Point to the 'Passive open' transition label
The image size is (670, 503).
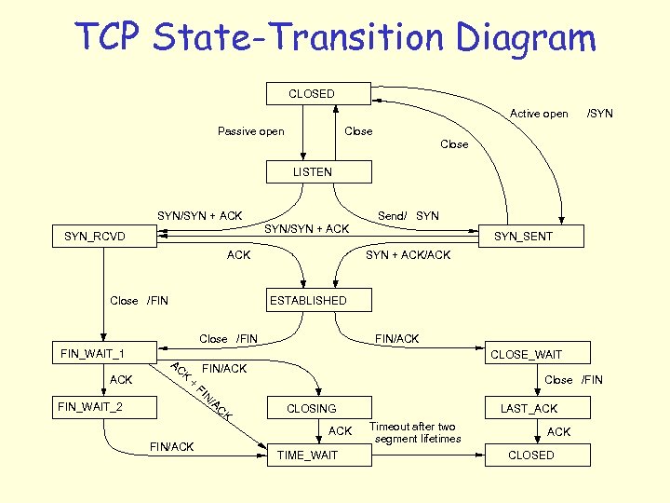[x=251, y=131]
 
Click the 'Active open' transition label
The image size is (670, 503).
[x=539, y=114]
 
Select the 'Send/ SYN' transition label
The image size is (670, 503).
[x=409, y=216]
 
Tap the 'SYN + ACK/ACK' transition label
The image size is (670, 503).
[x=408, y=255]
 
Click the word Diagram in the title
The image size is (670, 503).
[x=527, y=38]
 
